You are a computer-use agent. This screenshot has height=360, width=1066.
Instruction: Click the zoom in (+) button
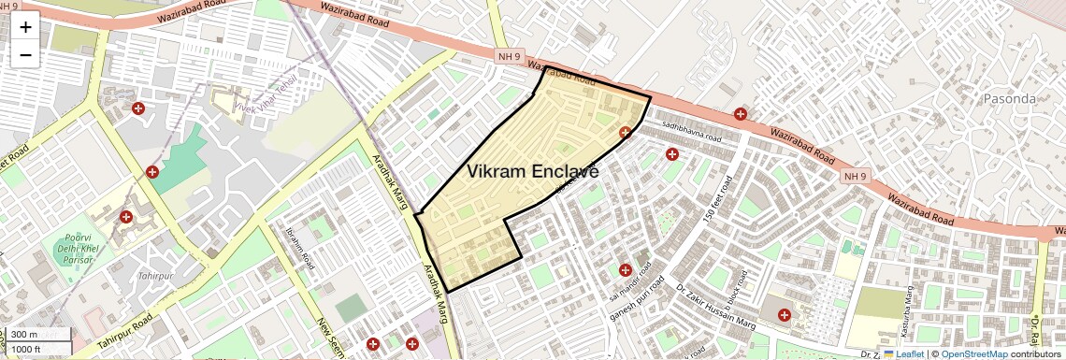(x=25, y=27)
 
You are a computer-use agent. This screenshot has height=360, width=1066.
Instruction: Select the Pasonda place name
(x=1010, y=98)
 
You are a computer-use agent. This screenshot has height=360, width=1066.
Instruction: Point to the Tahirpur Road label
(x=123, y=332)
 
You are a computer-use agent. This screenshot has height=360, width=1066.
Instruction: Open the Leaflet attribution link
(x=903, y=353)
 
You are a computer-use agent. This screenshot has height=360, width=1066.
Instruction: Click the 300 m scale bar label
(x=25, y=335)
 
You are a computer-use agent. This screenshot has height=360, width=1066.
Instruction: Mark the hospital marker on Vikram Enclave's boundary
(x=625, y=133)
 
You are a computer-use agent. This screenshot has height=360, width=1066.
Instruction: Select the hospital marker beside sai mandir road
(x=625, y=271)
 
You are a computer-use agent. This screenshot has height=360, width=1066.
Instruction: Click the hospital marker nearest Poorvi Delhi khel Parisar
(x=125, y=217)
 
